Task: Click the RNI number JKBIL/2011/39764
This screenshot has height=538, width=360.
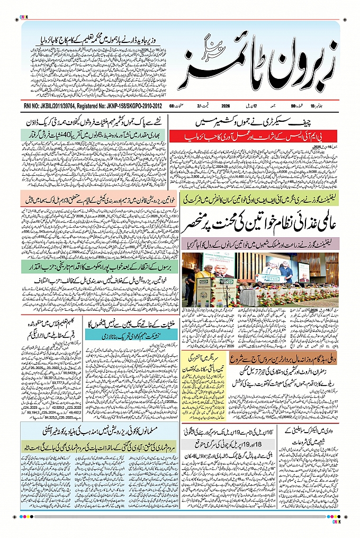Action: [61, 106]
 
